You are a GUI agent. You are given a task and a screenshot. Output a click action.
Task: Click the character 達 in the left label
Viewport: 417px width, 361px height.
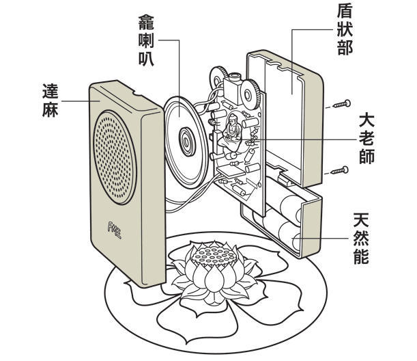coord(51,90)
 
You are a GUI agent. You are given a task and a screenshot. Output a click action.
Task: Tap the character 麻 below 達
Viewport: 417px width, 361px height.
coord(51,109)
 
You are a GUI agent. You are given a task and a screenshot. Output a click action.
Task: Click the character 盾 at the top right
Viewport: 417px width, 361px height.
coord(345,12)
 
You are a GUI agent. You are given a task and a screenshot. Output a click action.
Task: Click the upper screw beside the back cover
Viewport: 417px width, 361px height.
coord(339,105)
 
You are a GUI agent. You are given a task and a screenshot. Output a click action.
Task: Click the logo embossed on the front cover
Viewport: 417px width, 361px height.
coord(114,226)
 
